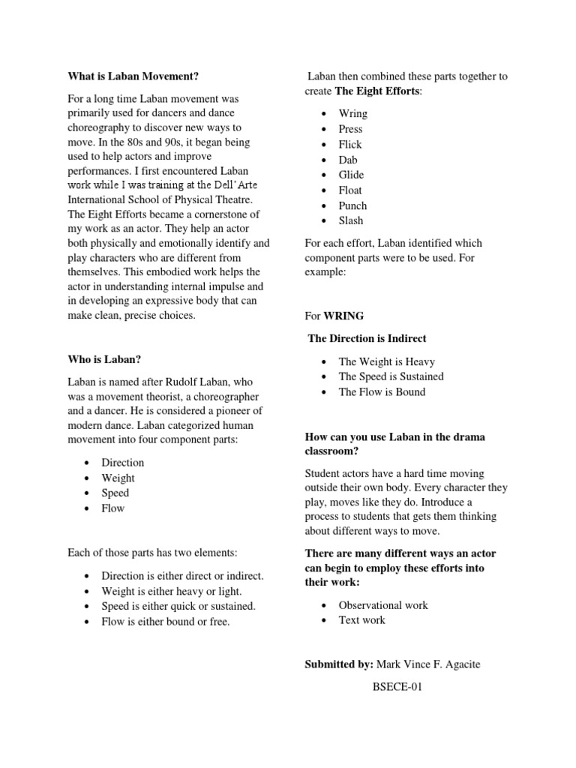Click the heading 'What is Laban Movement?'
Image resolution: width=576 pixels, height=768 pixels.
(x=133, y=76)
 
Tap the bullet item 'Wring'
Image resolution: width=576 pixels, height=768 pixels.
(x=352, y=114)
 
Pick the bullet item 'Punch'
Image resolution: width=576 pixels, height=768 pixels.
(x=352, y=205)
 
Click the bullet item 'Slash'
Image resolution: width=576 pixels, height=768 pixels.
(x=350, y=220)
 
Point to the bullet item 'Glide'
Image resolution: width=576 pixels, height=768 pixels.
(x=350, y=175)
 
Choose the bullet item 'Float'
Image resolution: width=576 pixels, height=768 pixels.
(x=350, y=190)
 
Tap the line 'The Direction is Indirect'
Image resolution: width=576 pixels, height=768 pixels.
(x=367, y=338)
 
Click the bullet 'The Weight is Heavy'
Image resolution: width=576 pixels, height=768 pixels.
(x=386, y=361)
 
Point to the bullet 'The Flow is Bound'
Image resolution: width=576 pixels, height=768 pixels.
(x=382, y=391)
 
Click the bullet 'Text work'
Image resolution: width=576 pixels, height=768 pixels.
(x=361, y=620)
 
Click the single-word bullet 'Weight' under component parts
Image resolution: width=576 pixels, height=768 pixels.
(x=118, y=478)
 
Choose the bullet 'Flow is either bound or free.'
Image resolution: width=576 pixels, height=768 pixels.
(x=166, y=622)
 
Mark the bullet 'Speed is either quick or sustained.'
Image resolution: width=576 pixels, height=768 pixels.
(x=178, y=606)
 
